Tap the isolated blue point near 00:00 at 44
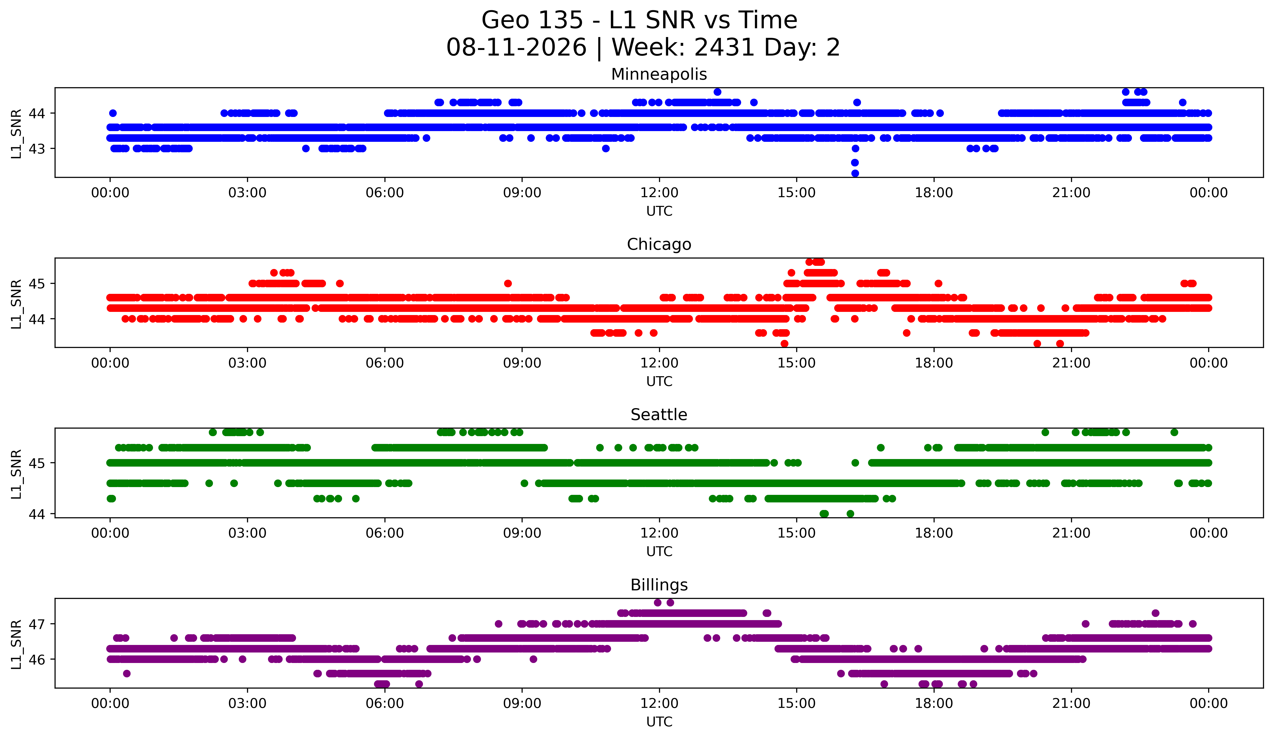pos(113,113)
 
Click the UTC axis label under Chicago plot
pos(659,381)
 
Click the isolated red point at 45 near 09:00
pos(508,283)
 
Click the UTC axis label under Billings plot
pos(659,722)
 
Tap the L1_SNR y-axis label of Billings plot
pos(16,644)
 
